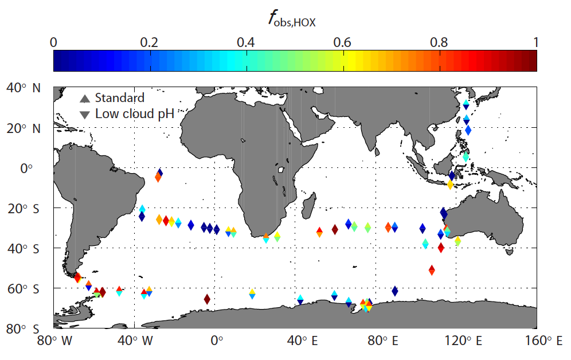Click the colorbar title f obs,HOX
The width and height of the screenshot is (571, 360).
[x=292, y=19]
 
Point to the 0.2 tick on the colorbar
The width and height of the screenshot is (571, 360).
[x=150, y=42]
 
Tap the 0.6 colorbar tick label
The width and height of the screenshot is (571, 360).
[x=342, y=42]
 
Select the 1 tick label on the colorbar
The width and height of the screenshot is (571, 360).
[x=535, y=42]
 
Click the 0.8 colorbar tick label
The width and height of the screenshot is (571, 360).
[x=439, y=42]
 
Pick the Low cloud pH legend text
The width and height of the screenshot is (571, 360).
[x=135, y=114]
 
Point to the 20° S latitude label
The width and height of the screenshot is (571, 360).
[x=24, y=208]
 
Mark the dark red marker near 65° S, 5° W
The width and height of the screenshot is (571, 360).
[x=207, y=299]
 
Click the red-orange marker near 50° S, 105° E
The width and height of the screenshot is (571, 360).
[x=432, y=269]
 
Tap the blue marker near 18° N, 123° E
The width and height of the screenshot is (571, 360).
[x=468, y=130]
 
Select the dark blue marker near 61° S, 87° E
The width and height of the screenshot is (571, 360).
[x=394, y=291]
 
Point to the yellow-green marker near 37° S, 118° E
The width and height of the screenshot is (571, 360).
[x=457, y=241]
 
